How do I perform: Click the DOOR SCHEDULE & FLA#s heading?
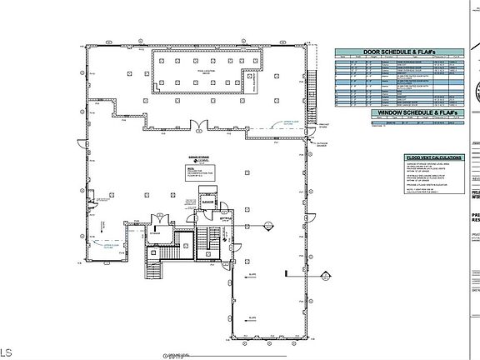pyautogui.click(x=397, y=51)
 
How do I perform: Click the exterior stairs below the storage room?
pyautogui.click(x=152, y=267)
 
